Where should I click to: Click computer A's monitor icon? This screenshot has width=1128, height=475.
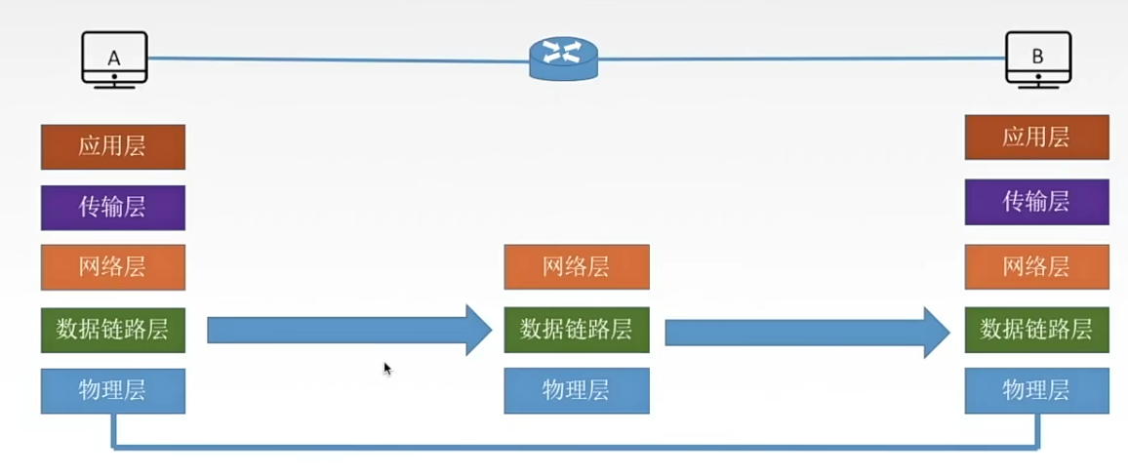tap(113, 59)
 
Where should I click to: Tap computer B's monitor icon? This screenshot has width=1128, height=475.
tap(1037, 59)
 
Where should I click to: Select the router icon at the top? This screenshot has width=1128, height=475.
tap(563, 59)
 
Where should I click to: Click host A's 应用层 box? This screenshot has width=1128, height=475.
tap(113, 147)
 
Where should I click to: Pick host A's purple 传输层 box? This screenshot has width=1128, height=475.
tap(113, 208)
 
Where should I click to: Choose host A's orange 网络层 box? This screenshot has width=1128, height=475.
tap(113, 267)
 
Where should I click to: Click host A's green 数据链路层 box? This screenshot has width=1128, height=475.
tap(113, 330)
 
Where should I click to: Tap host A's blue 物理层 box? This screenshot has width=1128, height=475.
tap(113, 391)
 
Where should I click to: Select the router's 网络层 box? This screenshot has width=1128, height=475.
tap(577, 267)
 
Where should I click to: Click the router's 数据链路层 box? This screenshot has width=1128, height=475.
tap(577, 330)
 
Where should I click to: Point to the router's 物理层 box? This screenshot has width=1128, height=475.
tap(577, 391)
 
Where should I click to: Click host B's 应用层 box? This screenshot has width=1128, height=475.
tap(1036, 138)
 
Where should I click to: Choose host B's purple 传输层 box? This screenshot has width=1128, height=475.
tap(1036, 202)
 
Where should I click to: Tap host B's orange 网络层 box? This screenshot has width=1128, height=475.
tap(1036, 267)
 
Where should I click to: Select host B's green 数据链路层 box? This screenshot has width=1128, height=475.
tap(1036, 330)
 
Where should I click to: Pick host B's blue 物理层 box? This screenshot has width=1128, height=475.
tap(1036, 391)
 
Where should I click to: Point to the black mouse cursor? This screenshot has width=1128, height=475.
tap(387, 369)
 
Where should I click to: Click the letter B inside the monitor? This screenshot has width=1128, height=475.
tap(1037, 57)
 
